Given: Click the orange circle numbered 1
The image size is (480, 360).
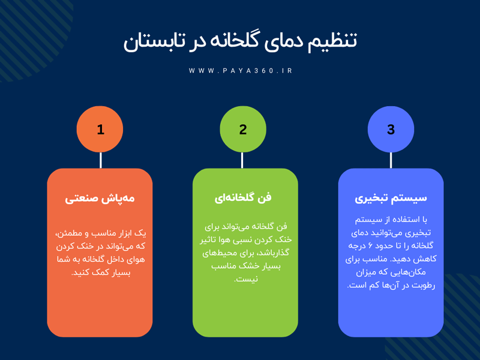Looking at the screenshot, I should [x=100, y=129].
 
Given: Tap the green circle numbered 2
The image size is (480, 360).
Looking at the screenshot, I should [x=243, y=129].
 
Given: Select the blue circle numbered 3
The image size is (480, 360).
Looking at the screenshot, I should [x=391, y=129].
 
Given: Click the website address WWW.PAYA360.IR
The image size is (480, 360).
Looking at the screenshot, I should [x=241, y=71].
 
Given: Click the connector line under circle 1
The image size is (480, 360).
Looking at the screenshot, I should [x=100, y=160].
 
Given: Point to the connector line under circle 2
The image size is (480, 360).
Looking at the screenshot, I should [x=242, y=160].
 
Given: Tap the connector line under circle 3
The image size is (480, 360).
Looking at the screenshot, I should [x=391, y=160].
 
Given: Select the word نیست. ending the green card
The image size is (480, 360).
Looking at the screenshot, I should [x=245, y=279].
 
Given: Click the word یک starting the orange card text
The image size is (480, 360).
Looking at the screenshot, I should [x=142, y=233].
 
